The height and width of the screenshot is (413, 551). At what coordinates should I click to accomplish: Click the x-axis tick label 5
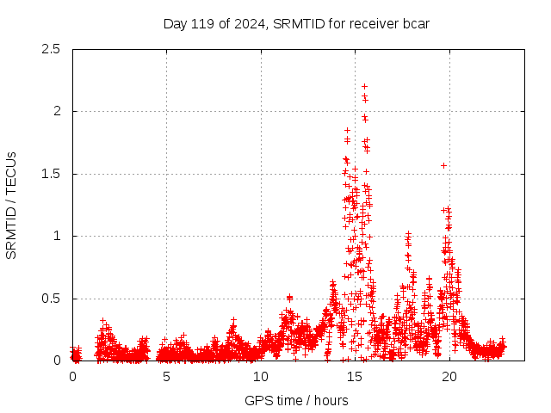166,377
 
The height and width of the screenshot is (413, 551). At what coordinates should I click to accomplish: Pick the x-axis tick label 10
261,377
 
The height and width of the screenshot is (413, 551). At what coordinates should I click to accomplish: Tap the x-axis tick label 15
355,377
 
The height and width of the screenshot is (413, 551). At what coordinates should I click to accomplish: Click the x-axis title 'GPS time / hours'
296,400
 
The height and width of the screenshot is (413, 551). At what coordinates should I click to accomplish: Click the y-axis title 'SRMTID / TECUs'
12,205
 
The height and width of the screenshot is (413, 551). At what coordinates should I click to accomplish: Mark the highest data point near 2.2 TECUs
364,86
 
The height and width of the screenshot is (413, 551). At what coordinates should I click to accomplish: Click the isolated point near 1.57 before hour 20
443,165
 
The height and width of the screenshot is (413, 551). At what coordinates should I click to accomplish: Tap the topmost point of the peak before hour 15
347,130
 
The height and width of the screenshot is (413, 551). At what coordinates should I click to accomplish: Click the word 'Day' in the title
175,23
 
